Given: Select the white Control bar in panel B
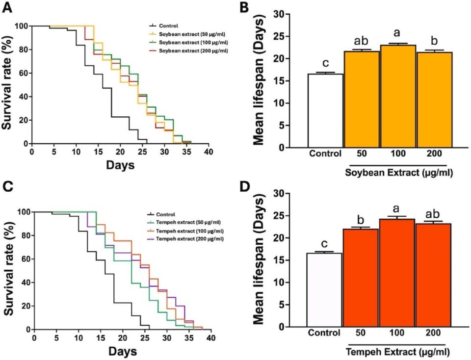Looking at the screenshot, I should click(x=325, y=110).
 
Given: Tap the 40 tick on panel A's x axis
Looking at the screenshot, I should click(x=209, y=152).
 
